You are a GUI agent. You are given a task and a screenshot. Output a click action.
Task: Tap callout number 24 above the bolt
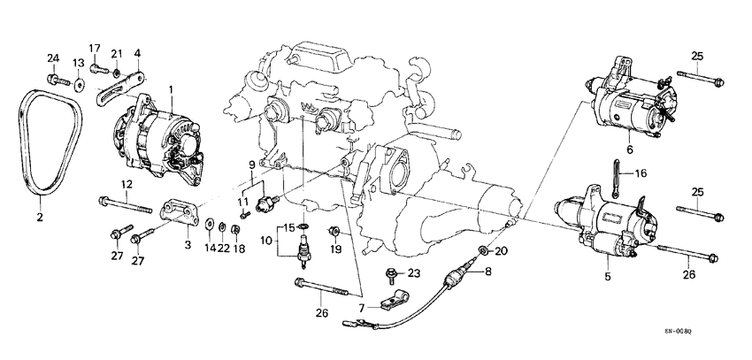click(52, 59)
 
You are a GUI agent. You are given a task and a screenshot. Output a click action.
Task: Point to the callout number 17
click(95, 47)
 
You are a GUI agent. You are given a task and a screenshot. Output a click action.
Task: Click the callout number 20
click(503, 251)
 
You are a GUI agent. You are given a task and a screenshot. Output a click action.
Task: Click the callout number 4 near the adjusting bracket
click(137, 53)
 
